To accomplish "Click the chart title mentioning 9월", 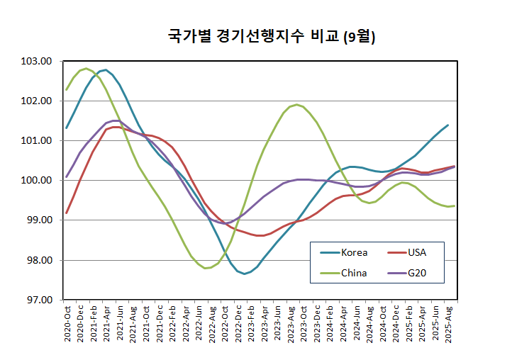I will [x=271, y=38].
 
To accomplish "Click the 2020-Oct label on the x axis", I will [x=67, y=327].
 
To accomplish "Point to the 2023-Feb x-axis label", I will [x=251, y=327].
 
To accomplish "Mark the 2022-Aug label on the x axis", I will [x=211, y=327].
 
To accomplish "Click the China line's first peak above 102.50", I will [x=87, y=69].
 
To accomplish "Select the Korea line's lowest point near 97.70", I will [x=245, y=273].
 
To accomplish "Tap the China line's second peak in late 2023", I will [x=296, y=105].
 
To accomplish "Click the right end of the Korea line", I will [x=447, y=125].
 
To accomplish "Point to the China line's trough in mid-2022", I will [x=205, y=269].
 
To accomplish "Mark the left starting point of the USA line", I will [x=67, y=213].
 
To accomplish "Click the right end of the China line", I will [x=454, y=206].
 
